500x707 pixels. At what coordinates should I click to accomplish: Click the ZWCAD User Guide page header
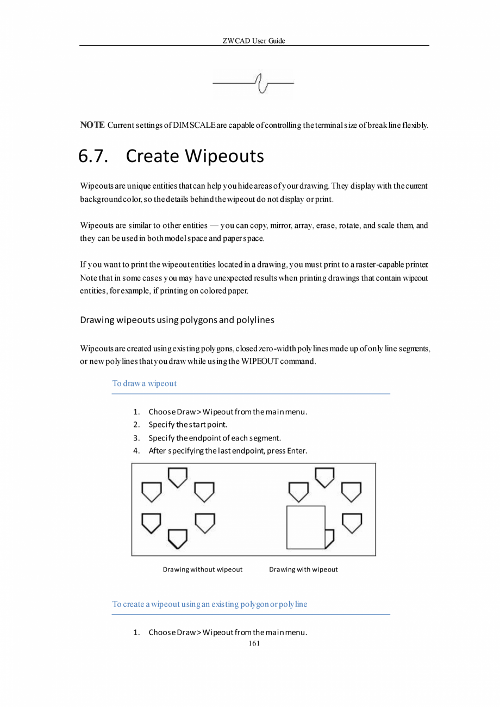(254, 41)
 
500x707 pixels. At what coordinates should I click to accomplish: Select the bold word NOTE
(92, 126)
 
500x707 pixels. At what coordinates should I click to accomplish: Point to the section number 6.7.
(94, 157)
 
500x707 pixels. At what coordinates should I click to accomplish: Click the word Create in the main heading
(152, 157)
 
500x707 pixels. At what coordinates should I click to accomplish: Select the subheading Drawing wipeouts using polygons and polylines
(177, 320)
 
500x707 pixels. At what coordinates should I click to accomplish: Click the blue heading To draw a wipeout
(144, 383)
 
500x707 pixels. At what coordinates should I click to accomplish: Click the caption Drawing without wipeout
(202, 569)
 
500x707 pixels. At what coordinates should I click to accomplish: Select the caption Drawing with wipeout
(303, 569)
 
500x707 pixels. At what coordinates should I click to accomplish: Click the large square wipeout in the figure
(305, 527)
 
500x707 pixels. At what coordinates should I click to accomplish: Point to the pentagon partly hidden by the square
(329, 538)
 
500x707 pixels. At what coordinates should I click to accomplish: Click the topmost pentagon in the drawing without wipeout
(178, 477)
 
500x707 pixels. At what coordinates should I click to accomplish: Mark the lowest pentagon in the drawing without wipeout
(178, 538)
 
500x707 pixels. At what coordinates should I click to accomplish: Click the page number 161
(254, 643)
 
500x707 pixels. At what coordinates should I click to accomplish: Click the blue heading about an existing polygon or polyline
(209, 604)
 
